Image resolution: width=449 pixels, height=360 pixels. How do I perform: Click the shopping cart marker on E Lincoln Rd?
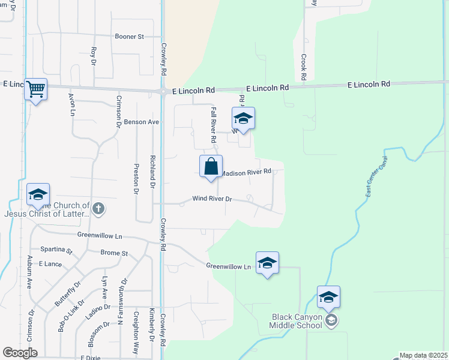coord(36,89)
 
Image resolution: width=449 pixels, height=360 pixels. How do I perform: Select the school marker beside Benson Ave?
coord(243,118)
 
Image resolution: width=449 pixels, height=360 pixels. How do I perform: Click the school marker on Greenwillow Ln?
coord(267,263)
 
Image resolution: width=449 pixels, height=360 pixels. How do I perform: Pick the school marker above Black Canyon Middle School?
coord(328,297)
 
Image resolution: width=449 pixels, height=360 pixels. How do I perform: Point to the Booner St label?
coord(130,37)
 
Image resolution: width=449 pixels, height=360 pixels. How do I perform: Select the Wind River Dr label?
coord(212,199)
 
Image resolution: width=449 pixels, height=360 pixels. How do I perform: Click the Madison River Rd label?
coord(247,172)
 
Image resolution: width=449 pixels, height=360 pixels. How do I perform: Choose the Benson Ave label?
coord(141,122)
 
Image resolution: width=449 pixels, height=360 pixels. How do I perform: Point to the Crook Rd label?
coord(304,67)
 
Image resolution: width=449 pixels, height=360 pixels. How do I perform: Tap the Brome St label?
coord(114,253)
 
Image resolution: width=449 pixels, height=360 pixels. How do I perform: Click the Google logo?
coord(20,353)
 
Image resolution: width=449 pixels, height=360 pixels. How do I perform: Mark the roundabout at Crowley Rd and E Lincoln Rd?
coord(163,92)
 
